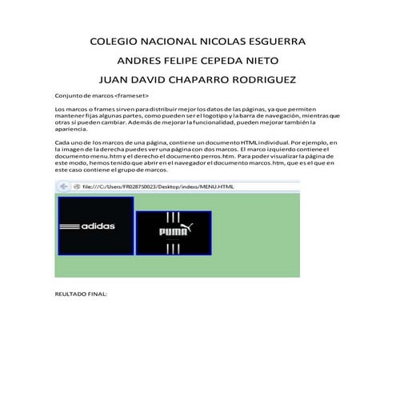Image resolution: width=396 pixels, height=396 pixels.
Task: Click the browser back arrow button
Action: pos(62,187)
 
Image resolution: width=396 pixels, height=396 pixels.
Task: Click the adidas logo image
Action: pos(95,226)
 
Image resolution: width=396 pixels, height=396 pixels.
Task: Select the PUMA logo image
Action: pos(174,233)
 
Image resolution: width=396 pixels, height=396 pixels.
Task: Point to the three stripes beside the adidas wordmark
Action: pos(70,226)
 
